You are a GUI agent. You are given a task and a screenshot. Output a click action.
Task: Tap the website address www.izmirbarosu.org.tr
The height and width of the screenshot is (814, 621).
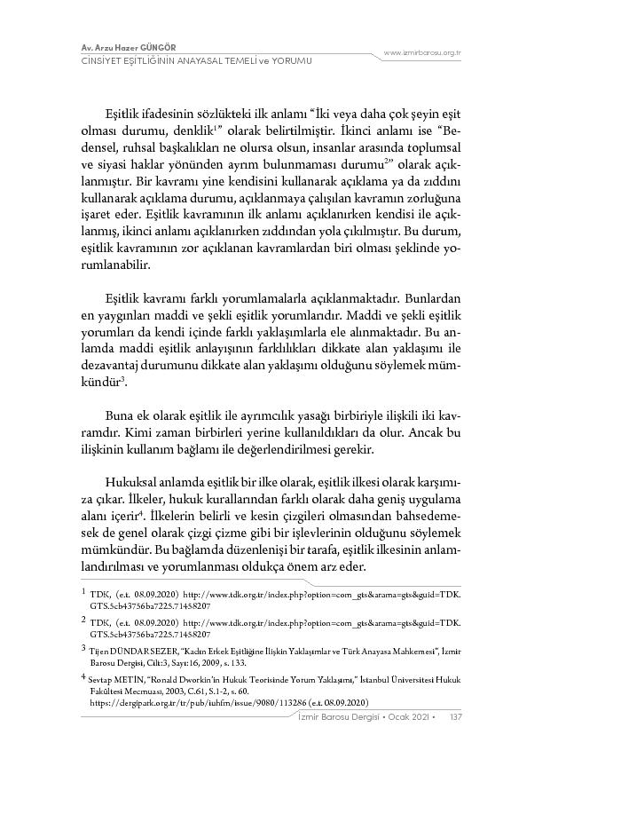point(423,54)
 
